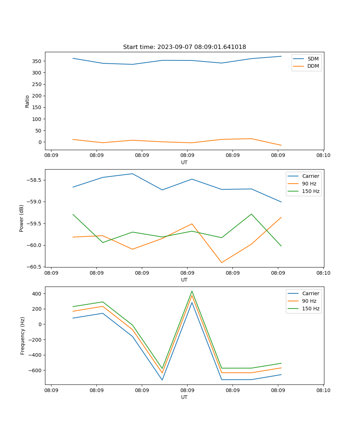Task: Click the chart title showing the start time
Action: point(184,47)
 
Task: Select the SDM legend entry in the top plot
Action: point(313,59)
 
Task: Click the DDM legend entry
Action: point(313,66)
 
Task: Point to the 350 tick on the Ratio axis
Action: point(37,61)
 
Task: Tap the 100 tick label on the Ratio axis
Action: point(37,119)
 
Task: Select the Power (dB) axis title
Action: point(22,218)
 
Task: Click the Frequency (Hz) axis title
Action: point(22,336)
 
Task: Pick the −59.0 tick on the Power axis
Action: point(35,202)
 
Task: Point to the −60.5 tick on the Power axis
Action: point(35,267)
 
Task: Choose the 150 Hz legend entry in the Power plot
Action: point(311,191)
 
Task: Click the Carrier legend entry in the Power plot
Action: point(310,176)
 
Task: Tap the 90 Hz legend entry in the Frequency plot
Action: point(309,301)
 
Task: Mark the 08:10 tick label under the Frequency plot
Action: point(323,390)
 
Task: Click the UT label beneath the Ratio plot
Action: point(184,162)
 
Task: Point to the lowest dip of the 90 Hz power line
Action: point(222,262)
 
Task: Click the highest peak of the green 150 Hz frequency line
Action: point(192,291)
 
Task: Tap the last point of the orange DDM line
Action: point(281,145)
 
